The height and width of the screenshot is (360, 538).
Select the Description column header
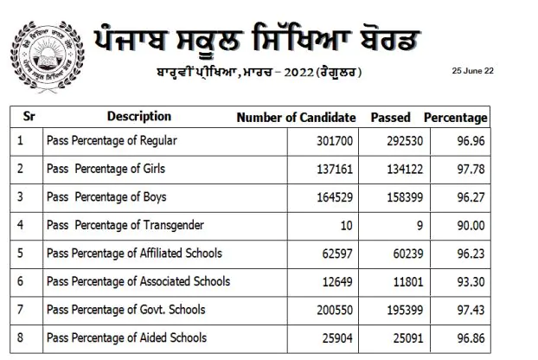(x=139, y=116)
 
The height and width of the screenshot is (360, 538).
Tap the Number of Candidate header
(x=296, y=117)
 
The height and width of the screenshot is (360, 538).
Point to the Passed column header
(x=390, y=117)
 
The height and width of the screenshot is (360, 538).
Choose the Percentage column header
(x=456, y=117)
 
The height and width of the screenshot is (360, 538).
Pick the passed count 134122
(x=398, y=168)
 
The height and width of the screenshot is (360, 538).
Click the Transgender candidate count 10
(x=349, y=225)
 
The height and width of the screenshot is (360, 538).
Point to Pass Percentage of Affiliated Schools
(x=134, y=254)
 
